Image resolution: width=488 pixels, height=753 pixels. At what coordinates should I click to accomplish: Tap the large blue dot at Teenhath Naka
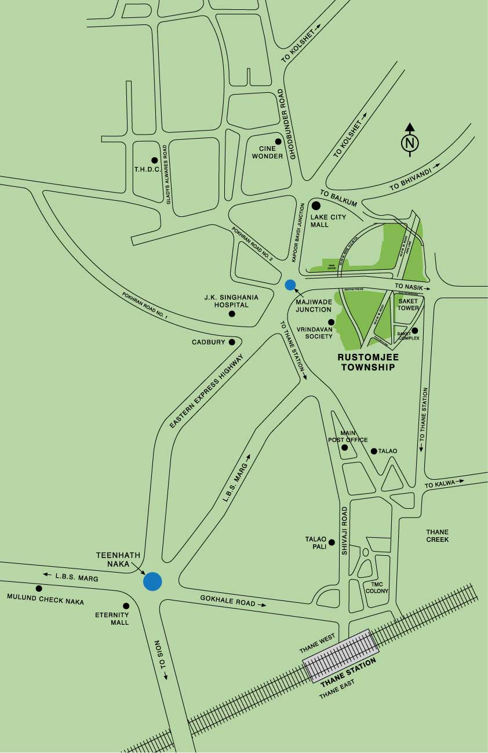pos(152,581)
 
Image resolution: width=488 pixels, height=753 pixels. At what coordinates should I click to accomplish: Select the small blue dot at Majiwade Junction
pos(290,285)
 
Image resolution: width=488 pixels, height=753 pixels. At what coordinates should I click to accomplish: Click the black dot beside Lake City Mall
pos(316,205)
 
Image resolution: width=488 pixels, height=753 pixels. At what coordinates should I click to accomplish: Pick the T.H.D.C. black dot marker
pos(154,160)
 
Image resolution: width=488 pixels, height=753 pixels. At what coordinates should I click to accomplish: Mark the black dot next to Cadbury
pos(232,342)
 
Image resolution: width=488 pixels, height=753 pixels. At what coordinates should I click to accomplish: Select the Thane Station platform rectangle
pos(340,655)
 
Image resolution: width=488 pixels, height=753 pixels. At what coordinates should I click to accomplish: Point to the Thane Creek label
pos(437,535)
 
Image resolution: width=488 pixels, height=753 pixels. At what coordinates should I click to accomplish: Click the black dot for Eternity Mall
pos(126,606)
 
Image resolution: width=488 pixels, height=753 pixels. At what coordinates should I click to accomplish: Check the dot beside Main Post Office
pos(345,447)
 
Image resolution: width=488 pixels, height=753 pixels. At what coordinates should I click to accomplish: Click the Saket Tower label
pos(408,304)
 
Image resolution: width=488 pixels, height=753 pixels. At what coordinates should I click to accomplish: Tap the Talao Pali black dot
pos(332,543)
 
